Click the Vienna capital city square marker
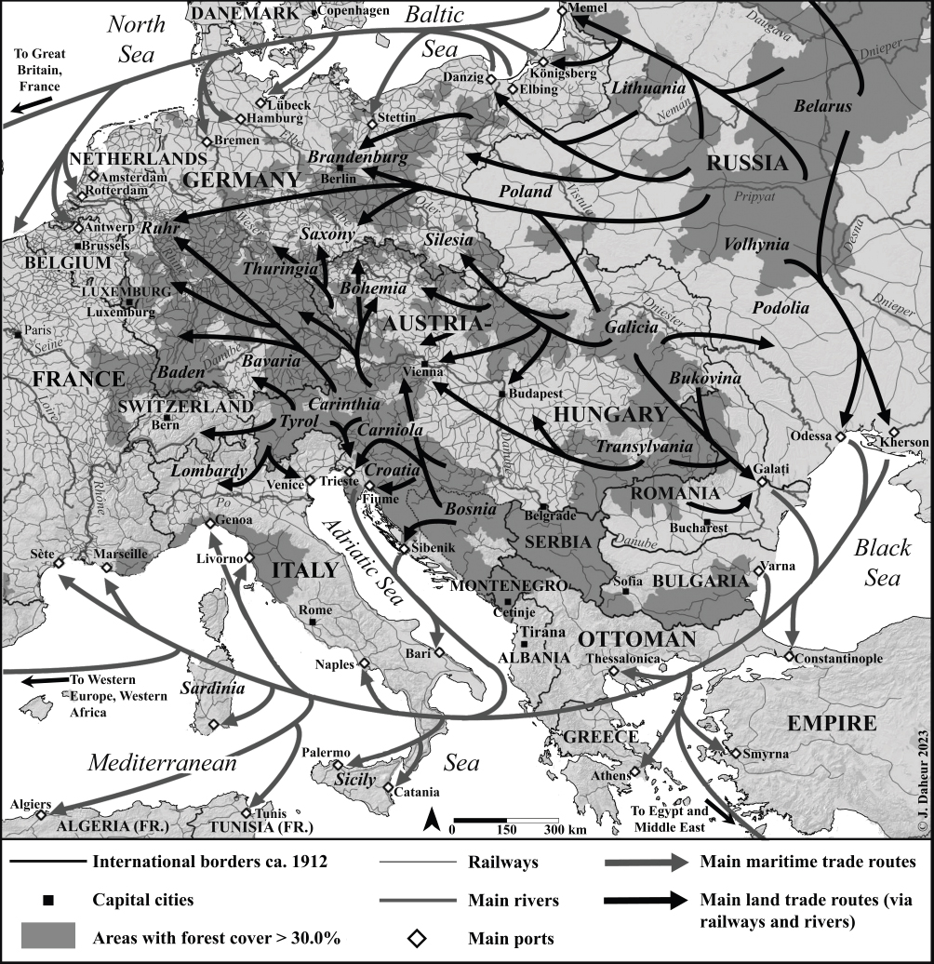(x=424, y=363)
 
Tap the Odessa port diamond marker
(x=839, y=436)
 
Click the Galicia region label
(x=631, y=328)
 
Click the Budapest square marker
(x=502, y=395)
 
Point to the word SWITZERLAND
(x=186, y=408)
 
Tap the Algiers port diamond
(x=41, y=814)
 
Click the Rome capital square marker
(x=314, y=621)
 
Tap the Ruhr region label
(x=160, y=227)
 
